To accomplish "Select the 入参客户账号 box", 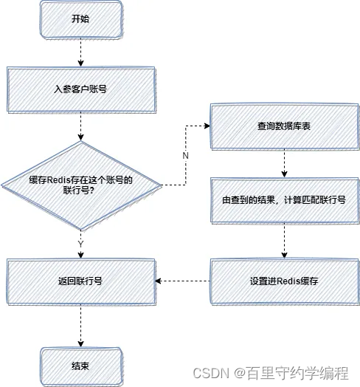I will point(80,88).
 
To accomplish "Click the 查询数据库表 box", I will point(284,126).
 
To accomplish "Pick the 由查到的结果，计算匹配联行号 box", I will point(284,199).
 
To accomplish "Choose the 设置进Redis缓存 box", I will point(284,281).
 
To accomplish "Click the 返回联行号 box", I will point(80,281).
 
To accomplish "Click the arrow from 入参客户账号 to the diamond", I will point(80,126).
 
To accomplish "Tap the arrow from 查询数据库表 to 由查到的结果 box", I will point(284,162).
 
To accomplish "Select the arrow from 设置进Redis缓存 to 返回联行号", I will point(184,281).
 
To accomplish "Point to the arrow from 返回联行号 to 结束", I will point(80,325).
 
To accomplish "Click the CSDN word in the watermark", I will point(209,373).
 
